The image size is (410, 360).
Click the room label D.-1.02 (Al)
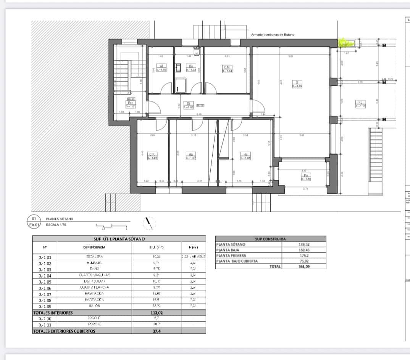click(x=162, y=68)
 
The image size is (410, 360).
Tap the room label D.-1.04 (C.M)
click(x=227, y=69)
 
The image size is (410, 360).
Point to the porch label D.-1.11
click(x=360, y=104)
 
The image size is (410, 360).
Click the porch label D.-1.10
click(x=306, y=177)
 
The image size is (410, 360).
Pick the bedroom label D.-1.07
click(x=190, y=156)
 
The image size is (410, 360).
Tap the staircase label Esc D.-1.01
click(x=131, y=104)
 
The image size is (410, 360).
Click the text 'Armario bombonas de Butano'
click(x=273, y=35)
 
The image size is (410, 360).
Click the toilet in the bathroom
click(x=196, y=50)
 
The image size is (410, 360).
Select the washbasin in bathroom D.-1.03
click(x=178, y=68)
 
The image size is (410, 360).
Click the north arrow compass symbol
click(x=150, y=223)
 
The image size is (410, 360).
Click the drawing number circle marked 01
click(x=34, y=219)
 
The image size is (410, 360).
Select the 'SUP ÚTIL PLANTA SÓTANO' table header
click(x=119, y=239)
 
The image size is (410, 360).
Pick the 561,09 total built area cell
click(x=303, y=266)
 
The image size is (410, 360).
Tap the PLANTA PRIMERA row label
click(x=231, y=255)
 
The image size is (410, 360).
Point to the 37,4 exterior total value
click(x=157, y=331)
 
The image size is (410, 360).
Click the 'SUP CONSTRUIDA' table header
click(x=271, y=239)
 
